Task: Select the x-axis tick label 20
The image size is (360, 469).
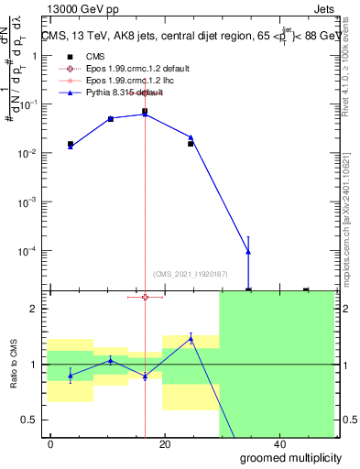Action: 165,443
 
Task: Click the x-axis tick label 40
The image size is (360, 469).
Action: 278,443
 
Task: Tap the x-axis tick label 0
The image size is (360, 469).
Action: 51,443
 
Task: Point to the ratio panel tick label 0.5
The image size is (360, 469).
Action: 30,420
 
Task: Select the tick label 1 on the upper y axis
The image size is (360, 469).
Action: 35,56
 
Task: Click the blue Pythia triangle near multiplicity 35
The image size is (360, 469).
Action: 248,252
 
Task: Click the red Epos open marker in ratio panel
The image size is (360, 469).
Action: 145,297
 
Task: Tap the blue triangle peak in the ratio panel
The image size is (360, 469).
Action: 191,338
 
